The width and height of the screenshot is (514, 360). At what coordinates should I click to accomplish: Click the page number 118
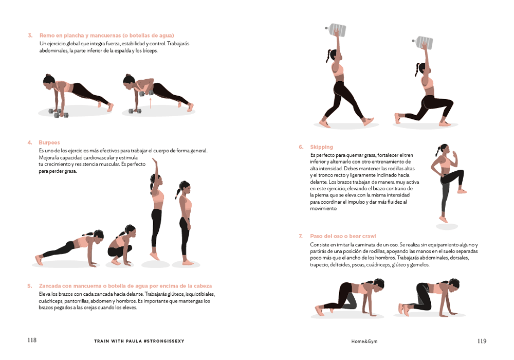pyautogui.click(x=32, y=340)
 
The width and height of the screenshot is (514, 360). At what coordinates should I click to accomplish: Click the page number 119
pyautogui.click(x=482, y=341)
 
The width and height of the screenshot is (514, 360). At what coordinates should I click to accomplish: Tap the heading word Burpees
pyautogui.click(x=49, y=142)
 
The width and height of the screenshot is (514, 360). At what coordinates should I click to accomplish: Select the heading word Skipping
pyautogui.click(x=321, y=147)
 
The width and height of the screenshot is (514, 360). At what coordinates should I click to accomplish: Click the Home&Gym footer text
pyautogui.click(x=364, y=341)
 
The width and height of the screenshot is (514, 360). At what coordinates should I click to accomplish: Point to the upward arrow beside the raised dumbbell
pyautogui.click(x=151, y=103)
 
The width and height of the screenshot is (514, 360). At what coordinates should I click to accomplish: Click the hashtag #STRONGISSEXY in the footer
pyautogui.click(x=163, y=341)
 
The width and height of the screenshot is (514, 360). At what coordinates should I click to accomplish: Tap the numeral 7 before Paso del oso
pyautogui.click(x=301, y=236)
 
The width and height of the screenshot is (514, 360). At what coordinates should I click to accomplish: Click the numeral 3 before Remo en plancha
pyautogui.click(x=30, y=35)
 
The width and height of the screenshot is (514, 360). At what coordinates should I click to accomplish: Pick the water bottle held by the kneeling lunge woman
pyautogui.click(x=423, y=43)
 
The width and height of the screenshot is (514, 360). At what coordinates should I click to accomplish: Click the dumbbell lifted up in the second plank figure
pyautogui.click(x=146, y=93)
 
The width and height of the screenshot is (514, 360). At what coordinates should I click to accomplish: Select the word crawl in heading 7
pyautogui.click(x=369, y=236)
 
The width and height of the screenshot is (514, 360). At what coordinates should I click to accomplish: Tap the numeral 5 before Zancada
pyautogui.click(x=30, y=286)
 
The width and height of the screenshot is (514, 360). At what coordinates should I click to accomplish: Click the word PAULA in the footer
pyautogui.click(x=134, y=341)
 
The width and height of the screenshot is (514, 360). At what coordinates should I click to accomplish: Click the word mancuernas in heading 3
pyautogui.click(x=105, y=35)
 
